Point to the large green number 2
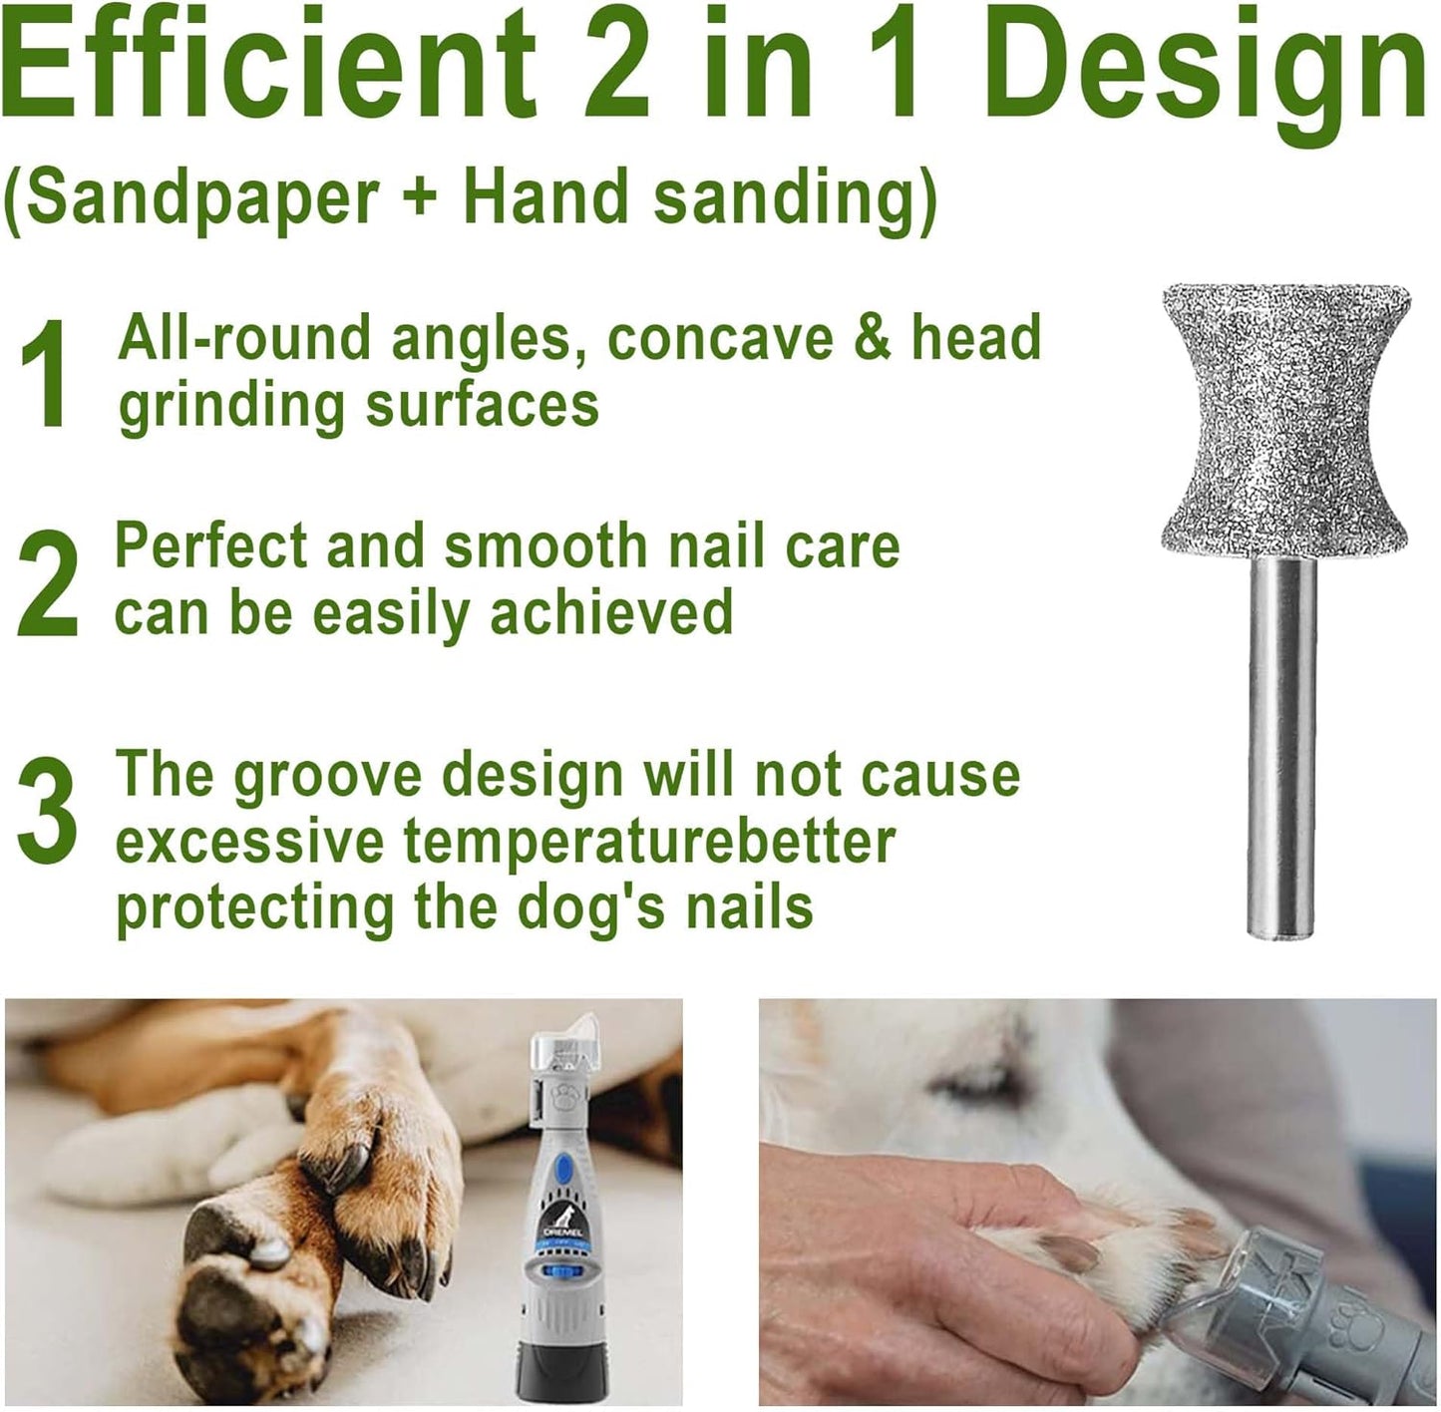47,583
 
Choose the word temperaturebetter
648,843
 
